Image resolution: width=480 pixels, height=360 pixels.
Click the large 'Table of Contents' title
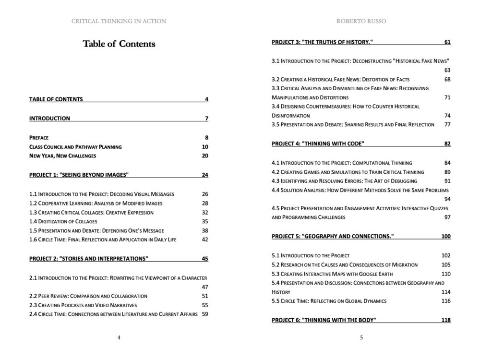click(x=119, y=44)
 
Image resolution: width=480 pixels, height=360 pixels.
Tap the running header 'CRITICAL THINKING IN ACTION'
click(x=119, y=21)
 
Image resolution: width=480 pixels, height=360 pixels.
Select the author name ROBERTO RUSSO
click(x=361, y=21)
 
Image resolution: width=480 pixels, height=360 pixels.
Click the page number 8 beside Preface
click(x=206, y=137)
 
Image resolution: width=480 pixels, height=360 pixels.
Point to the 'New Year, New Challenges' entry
click(x=62, y=156)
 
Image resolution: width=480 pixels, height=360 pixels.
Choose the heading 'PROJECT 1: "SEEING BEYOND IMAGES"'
click(x=79, y=175)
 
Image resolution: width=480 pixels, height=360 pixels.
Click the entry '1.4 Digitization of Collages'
click(x=63, y=221)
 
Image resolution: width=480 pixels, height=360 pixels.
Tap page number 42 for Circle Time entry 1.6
click(x=205, y=240)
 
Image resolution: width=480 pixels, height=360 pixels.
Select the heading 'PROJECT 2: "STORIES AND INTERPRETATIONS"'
click(x=88, y=259)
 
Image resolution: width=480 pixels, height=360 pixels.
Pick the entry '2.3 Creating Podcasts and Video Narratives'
click(x=83, y=305)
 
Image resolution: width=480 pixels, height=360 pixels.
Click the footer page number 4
click(x=119, y=337)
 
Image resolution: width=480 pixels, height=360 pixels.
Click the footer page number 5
click(x=361, y=337)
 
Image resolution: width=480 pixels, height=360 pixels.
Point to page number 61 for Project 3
click(x=447, y=42)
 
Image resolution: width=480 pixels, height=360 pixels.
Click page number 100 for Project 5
click(x=446, y=237)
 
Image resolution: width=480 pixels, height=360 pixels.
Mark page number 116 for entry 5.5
click(x=446, y=301)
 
